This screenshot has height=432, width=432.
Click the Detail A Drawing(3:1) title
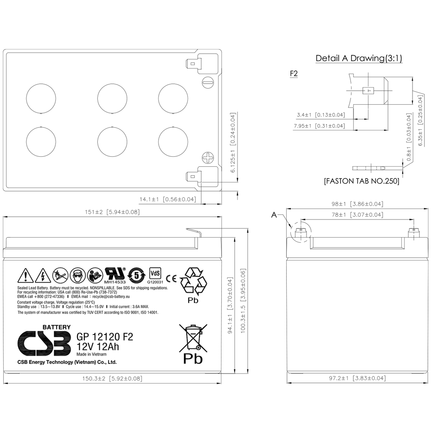coord(359,58)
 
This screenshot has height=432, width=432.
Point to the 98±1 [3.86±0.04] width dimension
coord(357,204)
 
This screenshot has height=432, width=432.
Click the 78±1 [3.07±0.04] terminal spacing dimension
coord(357,215)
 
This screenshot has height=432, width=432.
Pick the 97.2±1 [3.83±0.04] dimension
coord(357,378)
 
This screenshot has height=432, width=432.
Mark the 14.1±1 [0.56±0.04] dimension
coord(168,199)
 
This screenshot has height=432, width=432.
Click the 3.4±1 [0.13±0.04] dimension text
coord(320,115)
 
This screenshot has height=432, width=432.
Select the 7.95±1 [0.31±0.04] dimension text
coord(319,126)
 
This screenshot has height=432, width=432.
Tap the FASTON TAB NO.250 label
coord(361,181)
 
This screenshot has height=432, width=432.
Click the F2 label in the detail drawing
coord(294,74)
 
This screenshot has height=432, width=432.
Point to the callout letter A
coord(274,215)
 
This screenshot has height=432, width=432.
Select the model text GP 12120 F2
coord(105,337)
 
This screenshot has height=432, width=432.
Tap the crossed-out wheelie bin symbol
coord(193,337)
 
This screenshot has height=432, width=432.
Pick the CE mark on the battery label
coord(172,278)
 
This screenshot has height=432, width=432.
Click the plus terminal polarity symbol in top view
coord(208,158)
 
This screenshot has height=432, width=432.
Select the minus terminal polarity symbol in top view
coord(208,82)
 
